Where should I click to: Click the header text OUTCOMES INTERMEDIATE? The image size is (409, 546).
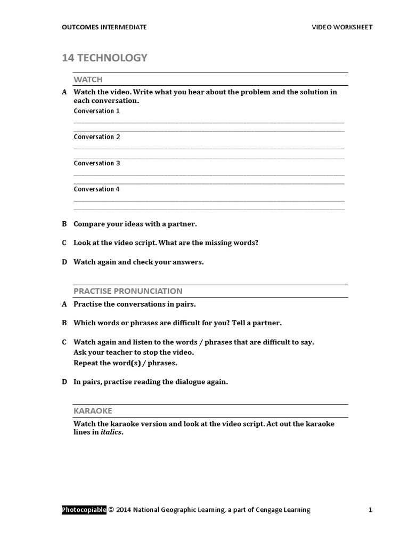(x=104, y=27)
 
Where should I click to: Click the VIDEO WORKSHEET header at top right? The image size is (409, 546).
(x=342, y=27)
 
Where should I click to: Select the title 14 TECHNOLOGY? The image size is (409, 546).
(x=104, y=58)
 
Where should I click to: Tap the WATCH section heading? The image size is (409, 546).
(x=88, y=79)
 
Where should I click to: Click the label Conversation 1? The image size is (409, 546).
(x=96, y=111)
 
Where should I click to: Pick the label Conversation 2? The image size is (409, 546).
(x=96, y=137)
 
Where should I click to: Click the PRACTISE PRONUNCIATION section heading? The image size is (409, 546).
(x=128, y=291)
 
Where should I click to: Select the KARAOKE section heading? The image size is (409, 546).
(x=93, y=411)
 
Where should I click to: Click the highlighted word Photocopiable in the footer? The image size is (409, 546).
(x=84, y=510)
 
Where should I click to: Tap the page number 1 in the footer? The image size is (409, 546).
(x=370, y=510)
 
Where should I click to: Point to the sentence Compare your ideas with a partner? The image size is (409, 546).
(x=138, y=224)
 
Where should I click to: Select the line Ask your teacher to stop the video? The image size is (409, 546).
(x=134, y=352)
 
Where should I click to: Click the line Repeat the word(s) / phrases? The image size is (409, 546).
(x=125, y=363)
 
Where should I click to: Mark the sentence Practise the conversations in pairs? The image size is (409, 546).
(x=135, y=304)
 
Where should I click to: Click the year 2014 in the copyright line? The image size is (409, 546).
(x=123, y=510)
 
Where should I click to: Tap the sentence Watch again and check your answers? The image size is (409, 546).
(x=138, y=262)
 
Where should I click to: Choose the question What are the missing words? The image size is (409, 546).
(x=208, y=243)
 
